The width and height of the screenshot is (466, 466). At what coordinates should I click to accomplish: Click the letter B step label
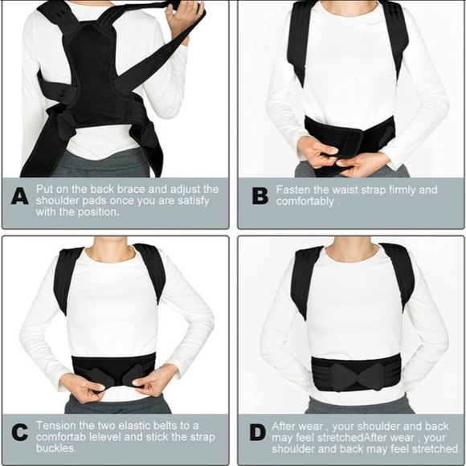coord(256,197)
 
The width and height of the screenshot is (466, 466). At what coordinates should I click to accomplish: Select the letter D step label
coord(256,432)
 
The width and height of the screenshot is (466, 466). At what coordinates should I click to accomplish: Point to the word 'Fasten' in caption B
coord(293,190)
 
